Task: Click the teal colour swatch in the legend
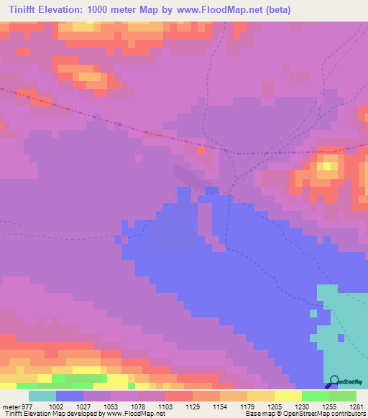(42, 396)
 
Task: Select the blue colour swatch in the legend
(70, 396)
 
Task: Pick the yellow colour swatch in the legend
(288, 396)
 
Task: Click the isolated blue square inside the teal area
(313, 312)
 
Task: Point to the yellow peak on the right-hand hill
(328, 166)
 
